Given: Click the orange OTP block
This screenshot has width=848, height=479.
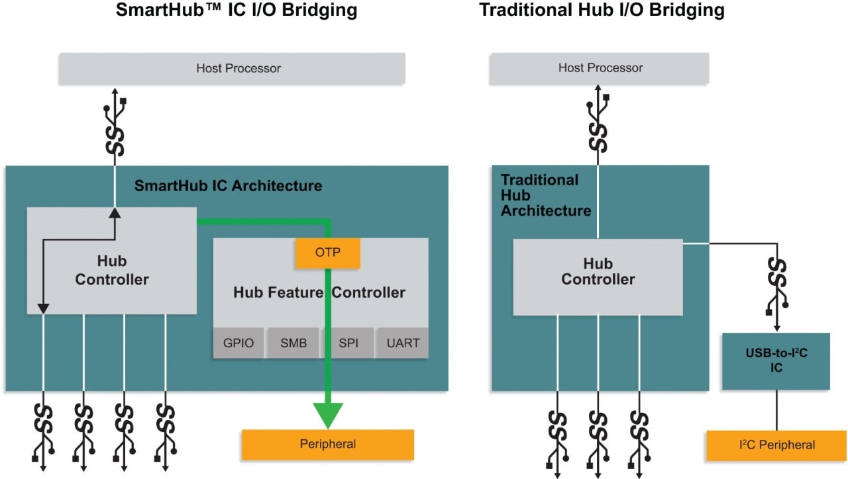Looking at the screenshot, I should [327, 253].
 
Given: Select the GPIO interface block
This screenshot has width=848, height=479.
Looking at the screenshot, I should [238, 343].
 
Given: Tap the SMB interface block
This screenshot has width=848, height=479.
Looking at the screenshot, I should [293, 343].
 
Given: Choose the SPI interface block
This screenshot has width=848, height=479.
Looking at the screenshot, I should [348, 343].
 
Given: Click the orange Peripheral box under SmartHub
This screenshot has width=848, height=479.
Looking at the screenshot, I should [327, 444].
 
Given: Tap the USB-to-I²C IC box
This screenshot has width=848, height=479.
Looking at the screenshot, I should [776, 361].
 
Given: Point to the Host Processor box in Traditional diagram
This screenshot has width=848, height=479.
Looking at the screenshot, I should [600, 68].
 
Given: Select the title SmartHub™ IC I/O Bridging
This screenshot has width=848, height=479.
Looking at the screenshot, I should [237, 11].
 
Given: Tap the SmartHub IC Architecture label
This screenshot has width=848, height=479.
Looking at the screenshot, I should [228, 185].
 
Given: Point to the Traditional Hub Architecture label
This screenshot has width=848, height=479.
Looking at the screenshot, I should [545, 195].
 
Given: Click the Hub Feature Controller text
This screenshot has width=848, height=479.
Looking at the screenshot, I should [319, 292].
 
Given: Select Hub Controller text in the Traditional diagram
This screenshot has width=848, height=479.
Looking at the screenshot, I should [598, 271].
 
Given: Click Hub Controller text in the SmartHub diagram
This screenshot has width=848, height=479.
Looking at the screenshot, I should [111, 271].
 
